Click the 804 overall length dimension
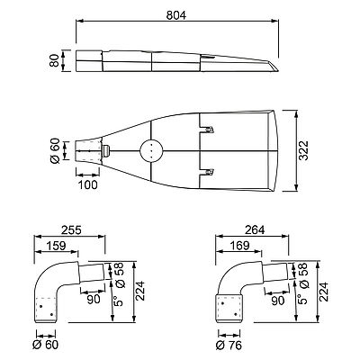[176, 15]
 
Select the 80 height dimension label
[54, 60]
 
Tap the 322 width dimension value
[303, 150]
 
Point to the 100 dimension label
[88, 184]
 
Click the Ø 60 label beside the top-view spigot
[55, 150]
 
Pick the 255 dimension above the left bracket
[71, 230]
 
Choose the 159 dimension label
[56, 246]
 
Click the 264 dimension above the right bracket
[255, 230]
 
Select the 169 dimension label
[239, 246]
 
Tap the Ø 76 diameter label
[229, 346]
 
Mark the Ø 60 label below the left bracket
[45, 345]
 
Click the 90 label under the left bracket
[94, 300]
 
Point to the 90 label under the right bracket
[277, 301]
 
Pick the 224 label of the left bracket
[140, 291]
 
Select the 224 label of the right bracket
[324, 292]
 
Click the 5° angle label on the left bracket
[119, 300]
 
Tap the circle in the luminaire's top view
[151, 150]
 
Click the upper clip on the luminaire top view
[209, 130]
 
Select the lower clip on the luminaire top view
[209, 172]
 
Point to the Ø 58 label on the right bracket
[303, 275]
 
